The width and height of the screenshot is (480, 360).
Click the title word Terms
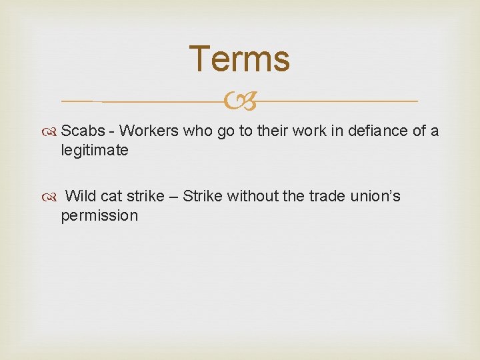click(239, 59)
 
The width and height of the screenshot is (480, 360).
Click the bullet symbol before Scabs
click(53, 131)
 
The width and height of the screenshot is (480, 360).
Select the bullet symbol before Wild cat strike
click(53, 197)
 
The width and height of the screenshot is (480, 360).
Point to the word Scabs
click(83, 131)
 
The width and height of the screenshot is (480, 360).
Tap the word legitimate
click(94, 151)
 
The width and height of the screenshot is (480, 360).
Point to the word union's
click(377, 197)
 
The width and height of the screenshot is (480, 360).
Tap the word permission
click(99, 216)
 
